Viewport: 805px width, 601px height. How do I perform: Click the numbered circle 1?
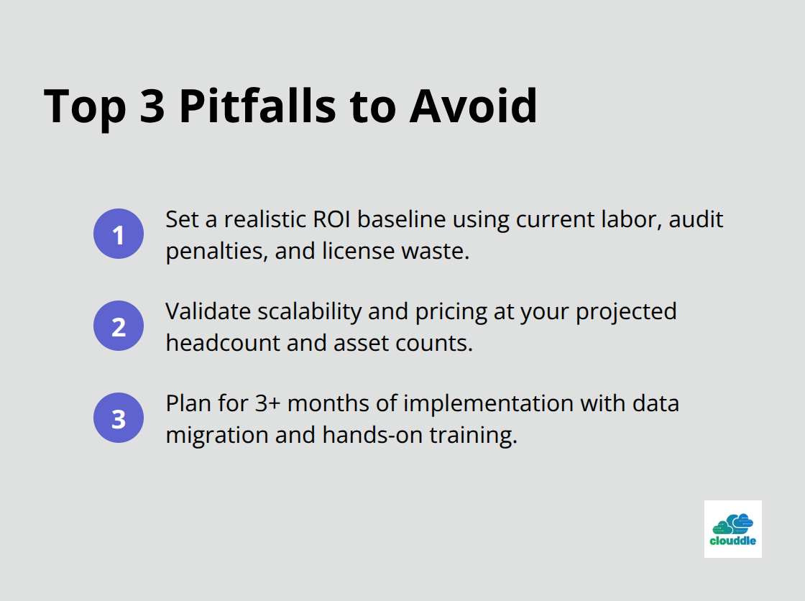pos(119,234)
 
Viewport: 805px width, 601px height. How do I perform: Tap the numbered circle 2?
pos(119,326)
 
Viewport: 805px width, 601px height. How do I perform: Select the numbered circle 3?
pos(119,418)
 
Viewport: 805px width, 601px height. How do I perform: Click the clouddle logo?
pos(732,529)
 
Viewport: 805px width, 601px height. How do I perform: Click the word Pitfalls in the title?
pos(258,106)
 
